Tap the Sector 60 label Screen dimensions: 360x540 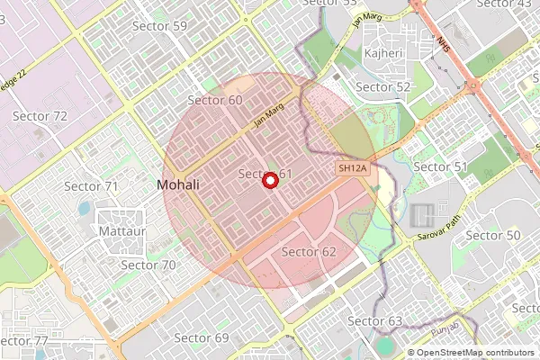[x=215, y=100]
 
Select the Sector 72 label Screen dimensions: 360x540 [x=40, y=116]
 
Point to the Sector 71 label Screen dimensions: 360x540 [x=92, y=186]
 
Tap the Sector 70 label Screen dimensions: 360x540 [x=148, y=265]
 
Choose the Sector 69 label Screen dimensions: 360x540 [x=202, y=338]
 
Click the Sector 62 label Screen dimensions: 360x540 [x=309, y=251]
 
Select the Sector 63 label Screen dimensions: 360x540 [x=374, y=321]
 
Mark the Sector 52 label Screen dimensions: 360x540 [x=383, y=87]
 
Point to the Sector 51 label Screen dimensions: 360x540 [x=440, y=167]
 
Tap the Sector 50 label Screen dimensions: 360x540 [x=494, y=236]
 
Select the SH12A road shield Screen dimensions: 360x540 [x=353, y=169]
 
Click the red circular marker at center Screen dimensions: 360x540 [x=268, y=180]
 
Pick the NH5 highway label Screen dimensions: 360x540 [x=442, y=43]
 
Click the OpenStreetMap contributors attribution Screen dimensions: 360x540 [x=473, y=353]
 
